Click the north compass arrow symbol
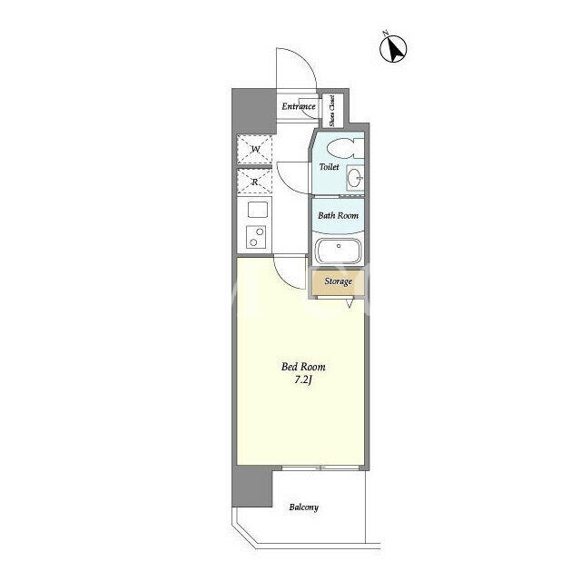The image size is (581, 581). [x=393, y=48]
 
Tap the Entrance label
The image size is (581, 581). [x=299, y=106]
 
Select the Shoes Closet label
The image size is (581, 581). [x=332, y=111]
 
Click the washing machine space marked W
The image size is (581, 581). [x=254, y=149]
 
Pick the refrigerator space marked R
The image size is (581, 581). [x=254, y=182]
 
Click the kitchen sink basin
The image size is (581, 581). [x=258, y=210]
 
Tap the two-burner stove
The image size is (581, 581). [x=256, y=237]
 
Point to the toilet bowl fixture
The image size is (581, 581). [x=345, y=148]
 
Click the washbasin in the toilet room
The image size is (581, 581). [x=355, y=178]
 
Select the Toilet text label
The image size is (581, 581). [x=329, y=167]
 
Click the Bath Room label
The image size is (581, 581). [x=339, y=215]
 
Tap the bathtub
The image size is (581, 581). [x=338, y=251]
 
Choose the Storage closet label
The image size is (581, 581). [x=339, y=281]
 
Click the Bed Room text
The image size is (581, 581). [x=303, y=367]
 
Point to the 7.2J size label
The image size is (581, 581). [x=303, y=379]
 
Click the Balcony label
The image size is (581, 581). [x=304, y=507]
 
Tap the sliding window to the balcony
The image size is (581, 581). [x=320, y=468]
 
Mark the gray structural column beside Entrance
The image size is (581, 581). [x=254, y=111]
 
